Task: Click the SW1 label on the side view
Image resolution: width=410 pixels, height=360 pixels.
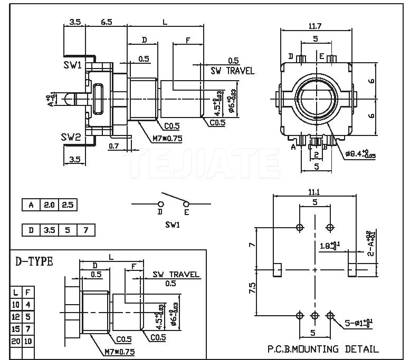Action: point(72,65)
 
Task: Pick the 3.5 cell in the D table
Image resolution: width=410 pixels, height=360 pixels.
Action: point(49,230)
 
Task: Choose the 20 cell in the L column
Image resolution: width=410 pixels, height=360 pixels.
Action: point(16,342)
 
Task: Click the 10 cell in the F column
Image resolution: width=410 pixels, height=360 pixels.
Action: point(28,342)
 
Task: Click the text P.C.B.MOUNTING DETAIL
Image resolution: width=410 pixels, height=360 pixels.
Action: point(322,349)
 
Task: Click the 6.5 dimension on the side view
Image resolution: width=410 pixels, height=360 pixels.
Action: point(106,22)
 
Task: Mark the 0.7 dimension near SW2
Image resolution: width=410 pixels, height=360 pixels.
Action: point(113,145)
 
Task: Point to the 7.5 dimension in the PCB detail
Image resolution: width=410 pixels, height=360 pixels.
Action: point(252,289)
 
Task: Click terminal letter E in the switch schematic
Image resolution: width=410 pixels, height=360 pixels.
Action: point(186,212)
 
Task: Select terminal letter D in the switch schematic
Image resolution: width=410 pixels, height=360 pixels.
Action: point(160,212)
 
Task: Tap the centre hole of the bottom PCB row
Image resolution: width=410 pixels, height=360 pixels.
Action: point(315,315)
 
